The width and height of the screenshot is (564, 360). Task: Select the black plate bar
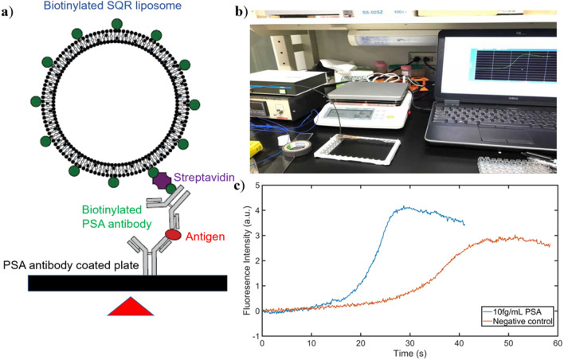tap(127, 283)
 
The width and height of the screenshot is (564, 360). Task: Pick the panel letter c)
tap(246, 188)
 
